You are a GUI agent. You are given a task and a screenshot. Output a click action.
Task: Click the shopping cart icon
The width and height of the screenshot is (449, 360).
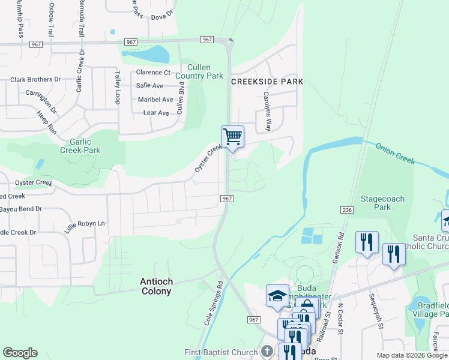click(x=232, y=136)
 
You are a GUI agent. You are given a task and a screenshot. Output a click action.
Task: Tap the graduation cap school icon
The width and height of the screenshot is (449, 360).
click(x=277, y=295)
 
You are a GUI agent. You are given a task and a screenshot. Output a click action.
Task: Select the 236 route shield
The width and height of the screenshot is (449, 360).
click(x=348, y=210)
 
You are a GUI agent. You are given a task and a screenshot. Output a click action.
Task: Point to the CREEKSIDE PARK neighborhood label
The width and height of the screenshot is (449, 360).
click(x=267, y=82)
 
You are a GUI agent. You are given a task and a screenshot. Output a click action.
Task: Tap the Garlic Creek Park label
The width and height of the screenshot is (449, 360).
click(x=80, y=146)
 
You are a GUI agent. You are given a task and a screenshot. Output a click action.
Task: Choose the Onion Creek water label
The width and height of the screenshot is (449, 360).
click(x=396, y=154)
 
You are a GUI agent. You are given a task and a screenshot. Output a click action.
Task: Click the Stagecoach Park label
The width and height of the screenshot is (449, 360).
click(x=382, y=203)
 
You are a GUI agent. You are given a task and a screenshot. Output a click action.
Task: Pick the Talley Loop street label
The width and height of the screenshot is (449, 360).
click(x=118, y=88)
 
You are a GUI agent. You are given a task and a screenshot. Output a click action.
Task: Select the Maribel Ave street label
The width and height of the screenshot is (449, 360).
click(x=155, y=100)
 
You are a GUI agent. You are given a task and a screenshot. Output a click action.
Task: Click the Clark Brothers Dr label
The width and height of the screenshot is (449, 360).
click(x=35, y=79)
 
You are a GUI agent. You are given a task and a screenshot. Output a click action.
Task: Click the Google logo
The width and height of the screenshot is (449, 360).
click(x=20, y=353)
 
